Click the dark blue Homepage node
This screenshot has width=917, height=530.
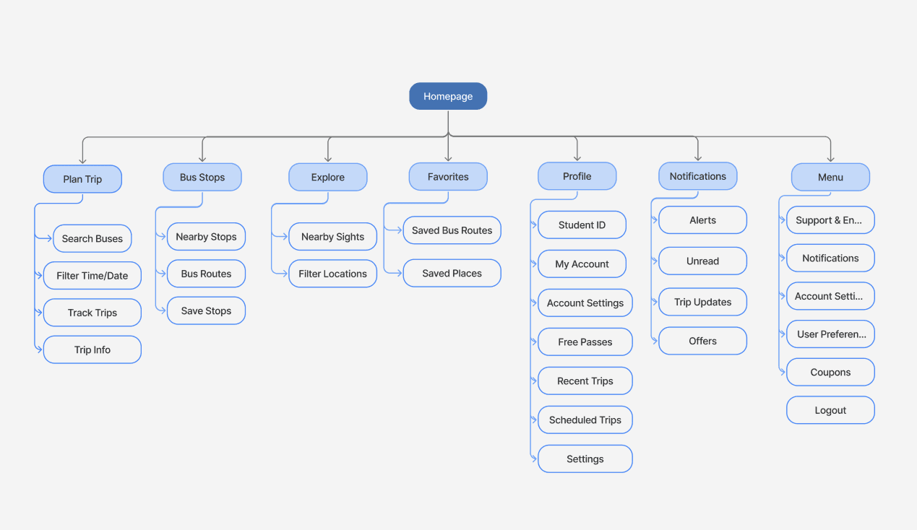(x=448, y=96)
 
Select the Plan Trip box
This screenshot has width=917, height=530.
(x=82, y=178)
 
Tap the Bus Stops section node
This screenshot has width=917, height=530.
(x=202, y=177)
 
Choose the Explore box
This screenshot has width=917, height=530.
(x=327, y=177)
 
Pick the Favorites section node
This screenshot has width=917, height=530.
(x=448, y=177)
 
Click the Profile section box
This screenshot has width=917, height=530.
(x=577, y=176)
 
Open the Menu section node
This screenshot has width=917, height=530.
(x=830, y=177)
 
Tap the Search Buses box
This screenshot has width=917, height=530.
(x=92, y=238)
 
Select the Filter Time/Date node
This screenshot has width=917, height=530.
(x=92, y=276)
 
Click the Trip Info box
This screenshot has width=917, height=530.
(x=92, y=349)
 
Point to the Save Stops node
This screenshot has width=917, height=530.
(x=206, y=310)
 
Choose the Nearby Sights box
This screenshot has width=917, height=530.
(x=332, y=237)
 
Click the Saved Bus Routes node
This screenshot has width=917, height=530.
(x=452, y=230)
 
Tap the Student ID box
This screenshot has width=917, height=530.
(x=582, y=225)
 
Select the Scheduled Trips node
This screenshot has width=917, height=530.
(x=585, y=420)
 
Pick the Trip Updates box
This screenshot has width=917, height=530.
(x=702, y=302)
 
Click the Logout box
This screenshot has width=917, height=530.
(x=830, y=410)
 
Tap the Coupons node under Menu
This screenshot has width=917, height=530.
(x=830, y=372)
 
